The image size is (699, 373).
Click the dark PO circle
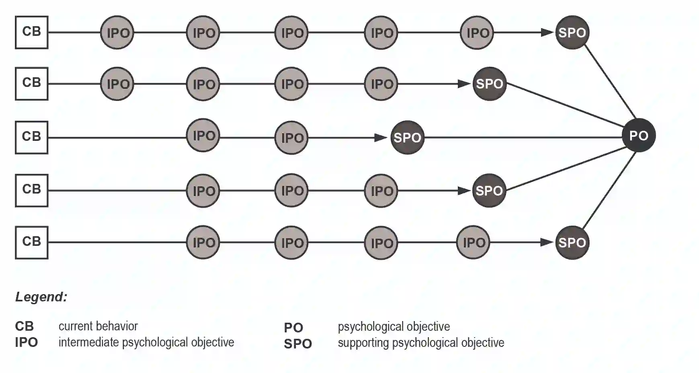tap(638, 136)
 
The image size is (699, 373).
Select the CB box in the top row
tap(32, 33)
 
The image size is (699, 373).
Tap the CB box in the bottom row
tap(32, 243)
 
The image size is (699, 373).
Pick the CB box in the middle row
tap(32, 138)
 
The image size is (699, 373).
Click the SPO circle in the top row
tap(572, 33)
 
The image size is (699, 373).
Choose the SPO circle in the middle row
tap(407, 138)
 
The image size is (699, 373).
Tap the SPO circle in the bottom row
tap(572, 243)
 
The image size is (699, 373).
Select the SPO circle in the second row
tap(489, 84)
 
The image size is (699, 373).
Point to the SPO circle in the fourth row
tap(489, 190)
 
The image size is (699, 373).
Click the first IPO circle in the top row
tap(117, 33)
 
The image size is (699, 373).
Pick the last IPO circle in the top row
tap(477, 33)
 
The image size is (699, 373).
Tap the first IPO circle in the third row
tap(203, 136)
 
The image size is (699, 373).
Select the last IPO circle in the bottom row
tap(474, 243)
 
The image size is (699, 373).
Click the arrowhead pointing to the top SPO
tap(547, 33)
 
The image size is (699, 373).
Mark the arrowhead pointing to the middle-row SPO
tap(380, 138)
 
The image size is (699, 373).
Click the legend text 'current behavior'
tap(98, 326)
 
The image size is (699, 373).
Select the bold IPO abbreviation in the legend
tap(27, 342)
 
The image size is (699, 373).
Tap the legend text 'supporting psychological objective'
tap(421, 343)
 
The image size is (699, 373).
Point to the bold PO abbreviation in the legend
tap(293, 328)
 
